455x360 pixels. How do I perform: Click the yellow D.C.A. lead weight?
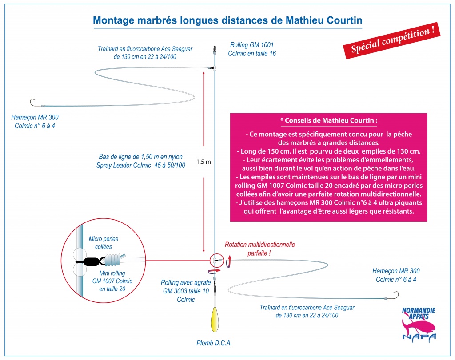[x=214, y=320]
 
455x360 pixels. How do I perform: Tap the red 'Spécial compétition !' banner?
[x=392, y=40]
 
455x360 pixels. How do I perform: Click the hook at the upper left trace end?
[x=32, y=103]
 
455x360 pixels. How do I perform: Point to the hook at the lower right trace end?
[x=396, y=295]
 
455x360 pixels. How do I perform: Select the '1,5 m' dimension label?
[x=204, y=162]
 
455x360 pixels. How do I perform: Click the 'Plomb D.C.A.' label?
[x=214, y=343]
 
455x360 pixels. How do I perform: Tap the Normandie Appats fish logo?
[x=419, y=324]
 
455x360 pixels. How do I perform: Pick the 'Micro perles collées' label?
[x=103, y=243]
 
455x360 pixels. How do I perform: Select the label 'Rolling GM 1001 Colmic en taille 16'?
[x=252, y=49]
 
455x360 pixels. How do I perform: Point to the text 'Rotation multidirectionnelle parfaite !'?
[x=259, y=249]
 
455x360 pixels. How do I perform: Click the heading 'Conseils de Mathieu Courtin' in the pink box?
[x=329, y=121]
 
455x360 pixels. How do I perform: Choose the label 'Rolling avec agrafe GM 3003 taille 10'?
[x=186, y=291]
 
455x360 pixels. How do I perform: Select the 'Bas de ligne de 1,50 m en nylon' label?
[x=141, y=157]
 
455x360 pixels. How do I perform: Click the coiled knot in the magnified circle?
[x=114, y=260]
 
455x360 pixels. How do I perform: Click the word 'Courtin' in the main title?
[x=344, y=20]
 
